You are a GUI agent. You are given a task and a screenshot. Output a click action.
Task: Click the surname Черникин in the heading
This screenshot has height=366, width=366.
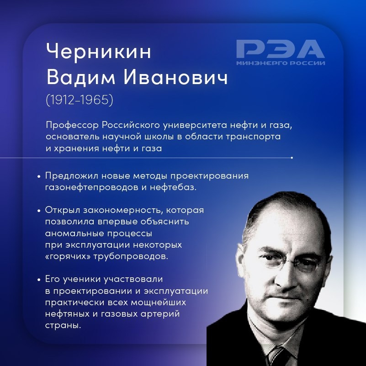(98, 52)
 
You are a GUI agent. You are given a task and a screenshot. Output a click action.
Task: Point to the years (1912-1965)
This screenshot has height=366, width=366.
(80, 100)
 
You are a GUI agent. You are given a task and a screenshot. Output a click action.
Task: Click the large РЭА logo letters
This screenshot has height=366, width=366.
(280, 48)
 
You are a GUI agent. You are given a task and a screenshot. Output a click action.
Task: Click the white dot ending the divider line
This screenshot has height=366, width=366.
(292, 158)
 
